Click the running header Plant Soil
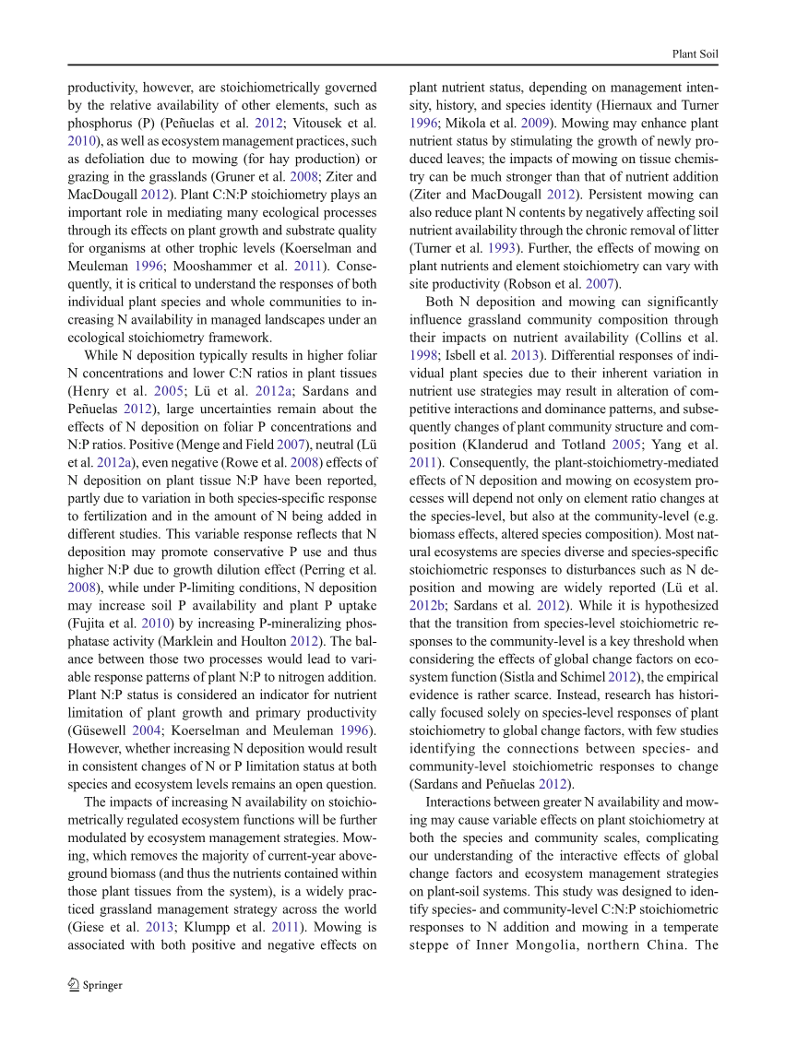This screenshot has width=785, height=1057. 696,54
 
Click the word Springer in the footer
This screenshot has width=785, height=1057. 102,985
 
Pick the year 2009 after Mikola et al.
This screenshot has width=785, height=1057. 538,123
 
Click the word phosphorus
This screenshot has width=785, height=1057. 101,123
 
